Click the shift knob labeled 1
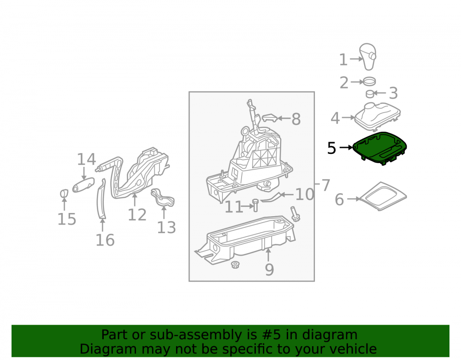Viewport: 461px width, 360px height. [367, 57]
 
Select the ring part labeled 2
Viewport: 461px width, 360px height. [370, 81]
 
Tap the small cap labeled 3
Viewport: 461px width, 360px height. [370, 94]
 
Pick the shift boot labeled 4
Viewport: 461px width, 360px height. [378, 117]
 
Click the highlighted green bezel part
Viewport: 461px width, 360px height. [379, 148]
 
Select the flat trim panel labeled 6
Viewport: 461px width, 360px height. [383, 196]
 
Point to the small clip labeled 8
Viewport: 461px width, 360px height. [270, 118]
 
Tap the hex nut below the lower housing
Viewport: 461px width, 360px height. [235, 265]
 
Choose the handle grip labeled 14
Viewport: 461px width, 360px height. [83, 185]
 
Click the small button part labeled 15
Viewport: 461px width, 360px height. [64, 194]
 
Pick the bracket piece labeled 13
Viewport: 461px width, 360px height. [163, 198]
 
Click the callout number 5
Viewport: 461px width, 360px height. [331, 148]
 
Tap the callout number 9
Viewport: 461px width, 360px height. [269, 270]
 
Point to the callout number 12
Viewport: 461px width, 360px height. [137, 215]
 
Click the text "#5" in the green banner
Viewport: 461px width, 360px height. [271, 335]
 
